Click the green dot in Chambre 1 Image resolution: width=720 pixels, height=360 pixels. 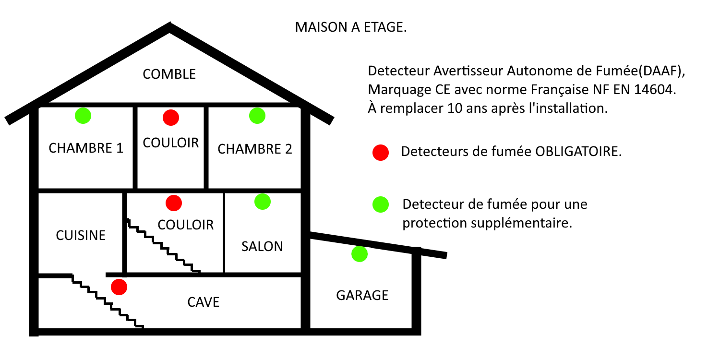pos(83,116)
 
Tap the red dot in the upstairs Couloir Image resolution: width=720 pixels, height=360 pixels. pos(171,118)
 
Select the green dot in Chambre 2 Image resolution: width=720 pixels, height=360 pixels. pos(257,116)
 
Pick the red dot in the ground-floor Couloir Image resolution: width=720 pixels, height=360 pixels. pos(174,203)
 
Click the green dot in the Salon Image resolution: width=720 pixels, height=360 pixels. pos(262,202)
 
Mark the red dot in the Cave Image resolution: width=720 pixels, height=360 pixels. pos(119,287)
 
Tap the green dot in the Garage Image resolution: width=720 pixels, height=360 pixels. pos(360,254)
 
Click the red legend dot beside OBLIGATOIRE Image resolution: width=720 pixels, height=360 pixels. pos(381,152)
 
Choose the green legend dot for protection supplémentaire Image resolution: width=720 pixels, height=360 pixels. pos(381,204)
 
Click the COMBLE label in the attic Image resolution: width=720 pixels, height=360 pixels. pos(169,74)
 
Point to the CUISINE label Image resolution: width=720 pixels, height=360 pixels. pos(81,235)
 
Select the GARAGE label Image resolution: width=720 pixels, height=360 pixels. pos(362,295)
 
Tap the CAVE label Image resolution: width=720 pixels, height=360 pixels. pos(204,302)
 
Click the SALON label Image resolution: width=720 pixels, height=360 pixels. pos(262,247)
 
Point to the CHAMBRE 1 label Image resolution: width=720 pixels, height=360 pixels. pos(86,148)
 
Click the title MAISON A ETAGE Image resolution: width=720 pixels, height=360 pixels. pos(351,27)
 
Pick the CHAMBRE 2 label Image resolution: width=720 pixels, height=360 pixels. pos(255,149)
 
